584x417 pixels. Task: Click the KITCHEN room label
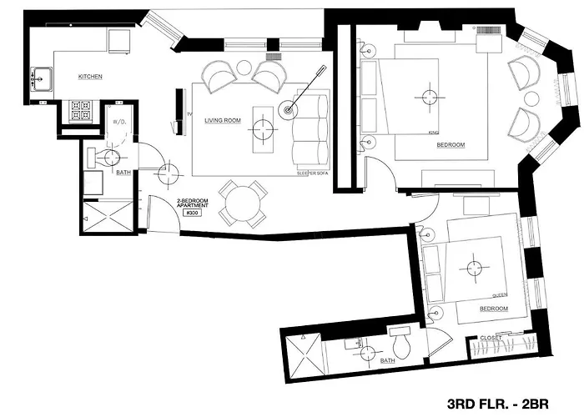click(90, 77)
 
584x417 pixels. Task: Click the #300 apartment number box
click(190, 214)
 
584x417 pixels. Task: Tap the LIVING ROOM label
click(223, 121)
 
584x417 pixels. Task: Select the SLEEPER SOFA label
click(311, 173)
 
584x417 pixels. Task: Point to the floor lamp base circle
click(289, 108)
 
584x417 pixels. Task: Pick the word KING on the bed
click(433, 132)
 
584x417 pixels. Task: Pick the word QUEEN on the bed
click(501, 294)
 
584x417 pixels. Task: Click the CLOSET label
click(491, 338)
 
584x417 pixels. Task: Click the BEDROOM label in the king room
click(451, 145)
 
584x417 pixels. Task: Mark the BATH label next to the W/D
click(123, 173)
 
